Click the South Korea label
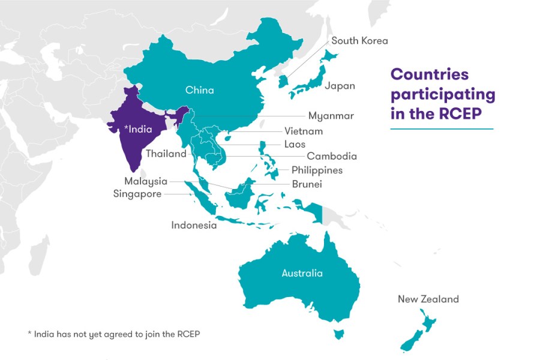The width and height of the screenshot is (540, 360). [x=359, y=41]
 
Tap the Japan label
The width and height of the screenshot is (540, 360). [x=340, y=86]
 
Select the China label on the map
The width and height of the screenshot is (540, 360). [x=199, y=91]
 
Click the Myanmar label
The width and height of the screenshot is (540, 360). [x=331, y=116]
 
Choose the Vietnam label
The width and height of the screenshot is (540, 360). [x=304, y=131]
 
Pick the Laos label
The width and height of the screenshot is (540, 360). [x=295, y=144]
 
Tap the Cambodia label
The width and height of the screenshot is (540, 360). [x=332, y=156]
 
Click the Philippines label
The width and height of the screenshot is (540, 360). [x=317, y=170]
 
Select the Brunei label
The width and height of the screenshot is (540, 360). [x=307, y=184]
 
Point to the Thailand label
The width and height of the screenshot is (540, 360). [x=166, y=154]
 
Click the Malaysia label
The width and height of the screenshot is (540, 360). [x=146, y=181]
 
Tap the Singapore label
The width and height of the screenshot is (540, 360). [x=137, y=194]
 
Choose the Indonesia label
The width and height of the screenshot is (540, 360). [x=194, y=226]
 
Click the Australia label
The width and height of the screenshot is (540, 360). [x=302, y=274]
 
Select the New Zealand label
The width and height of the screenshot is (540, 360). [x=428, y=299]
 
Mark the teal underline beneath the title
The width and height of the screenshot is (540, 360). [x=441, y=128]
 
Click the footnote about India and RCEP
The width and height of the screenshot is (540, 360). [x=113, y=334]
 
